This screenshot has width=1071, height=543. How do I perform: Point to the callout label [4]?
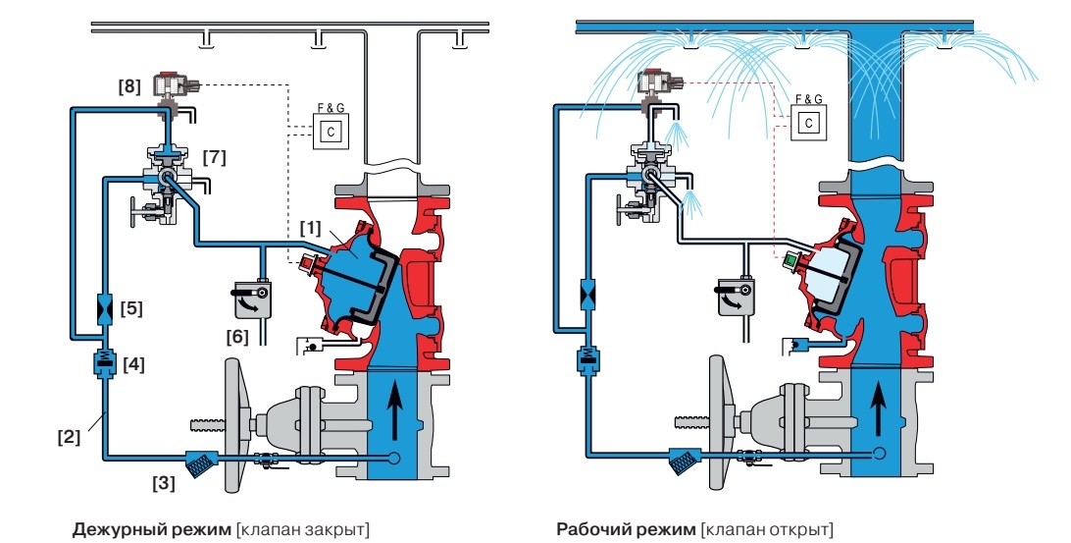point(133,364)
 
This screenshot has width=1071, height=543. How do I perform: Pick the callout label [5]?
point(133,307)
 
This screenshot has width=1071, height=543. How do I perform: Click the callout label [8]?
point(128,86)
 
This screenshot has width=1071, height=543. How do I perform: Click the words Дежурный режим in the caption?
point(151,529)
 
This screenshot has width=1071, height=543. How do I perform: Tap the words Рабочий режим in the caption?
point(625,529)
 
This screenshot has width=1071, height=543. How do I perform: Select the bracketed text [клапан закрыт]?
point(303,529)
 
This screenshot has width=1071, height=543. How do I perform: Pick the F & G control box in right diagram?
point(807,122)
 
